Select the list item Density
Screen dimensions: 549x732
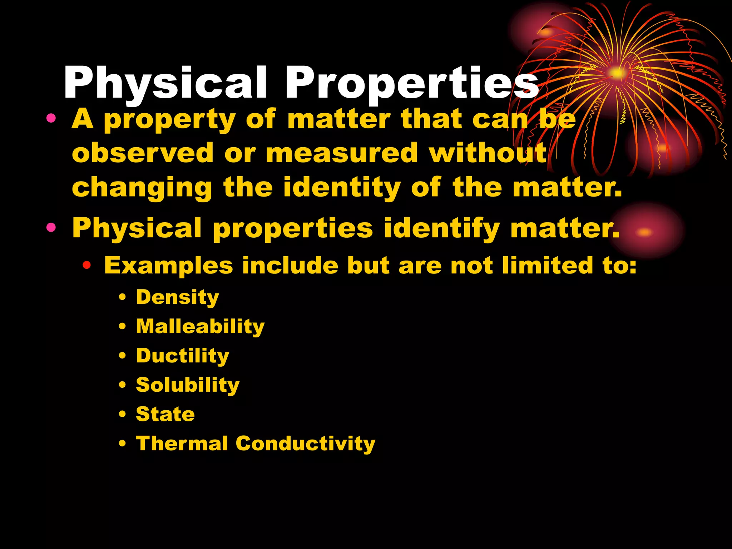click(177, 297)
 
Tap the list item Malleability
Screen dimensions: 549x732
click(200, 326)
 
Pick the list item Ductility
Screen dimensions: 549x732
click(182, 356)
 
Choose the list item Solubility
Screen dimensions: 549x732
click(188, 385)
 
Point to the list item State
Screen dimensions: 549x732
click(165, 414)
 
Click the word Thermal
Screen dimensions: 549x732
click(182, 444)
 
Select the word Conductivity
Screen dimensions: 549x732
click(306, 444)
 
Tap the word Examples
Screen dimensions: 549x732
click(168, 266)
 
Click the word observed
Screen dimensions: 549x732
click(143, 153)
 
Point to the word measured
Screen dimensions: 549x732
click(342, 153)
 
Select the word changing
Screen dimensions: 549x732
click(142, 188)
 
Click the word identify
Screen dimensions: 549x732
click(442, 229)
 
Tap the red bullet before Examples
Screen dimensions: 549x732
click(86, 266)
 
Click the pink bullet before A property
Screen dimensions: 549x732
click(51, 118)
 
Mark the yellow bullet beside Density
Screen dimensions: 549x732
click(123, 297)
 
